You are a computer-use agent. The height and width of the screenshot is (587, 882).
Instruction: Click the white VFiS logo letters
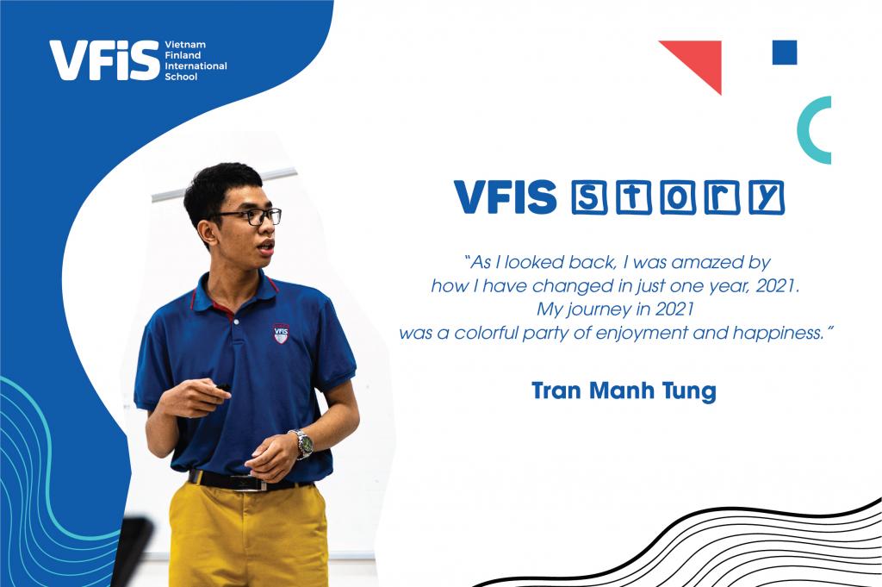pyautogui.click(x=103, y=60)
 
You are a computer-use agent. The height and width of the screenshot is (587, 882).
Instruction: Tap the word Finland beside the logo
pyautogui.click(x=183, y=55)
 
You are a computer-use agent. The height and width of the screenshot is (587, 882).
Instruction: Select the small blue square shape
pyautogui.click(x=785, y=53)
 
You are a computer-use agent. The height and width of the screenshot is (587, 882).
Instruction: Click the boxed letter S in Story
pyautogui.click(x=587, y=197)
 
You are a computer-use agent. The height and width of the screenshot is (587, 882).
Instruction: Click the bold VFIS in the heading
pyautogui.click(x=506, y=197)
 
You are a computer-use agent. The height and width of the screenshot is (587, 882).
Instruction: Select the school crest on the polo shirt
pyautogui.click(x=280, y=333)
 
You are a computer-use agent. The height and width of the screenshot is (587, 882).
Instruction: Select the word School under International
pyautogui.click(x=180, y=77)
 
